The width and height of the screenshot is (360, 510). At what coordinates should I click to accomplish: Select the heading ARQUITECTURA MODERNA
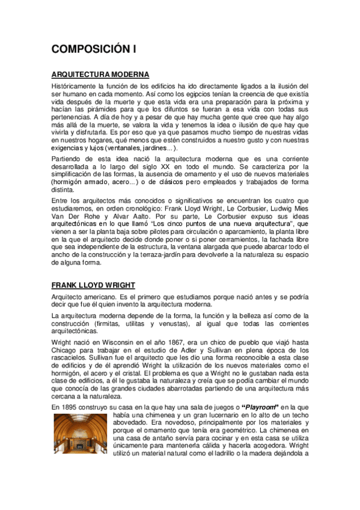tap(100, 75)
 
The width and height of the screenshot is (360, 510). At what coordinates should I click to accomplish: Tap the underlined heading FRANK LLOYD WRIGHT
tap(93, 284)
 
